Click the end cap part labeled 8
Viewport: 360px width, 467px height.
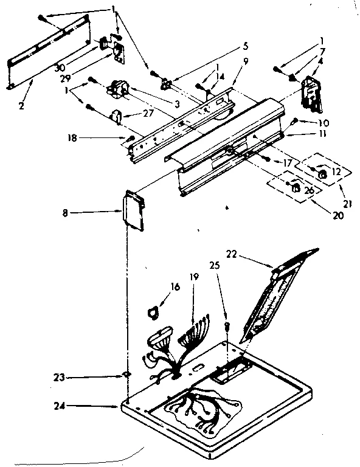(133, 210)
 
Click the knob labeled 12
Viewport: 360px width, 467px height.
(323, 175)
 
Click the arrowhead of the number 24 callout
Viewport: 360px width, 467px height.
(119, 406)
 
